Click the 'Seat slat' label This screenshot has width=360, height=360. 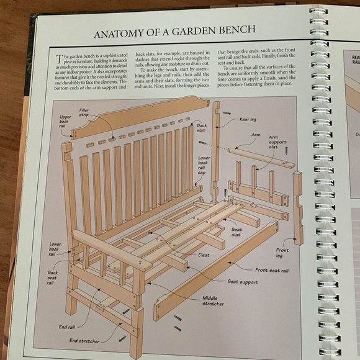point(237,232)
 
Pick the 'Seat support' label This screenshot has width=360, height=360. point(241,282)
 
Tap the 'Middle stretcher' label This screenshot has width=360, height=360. point(212,300)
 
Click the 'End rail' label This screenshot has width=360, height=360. point(67,326)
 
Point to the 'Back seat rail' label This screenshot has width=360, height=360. point(53,277)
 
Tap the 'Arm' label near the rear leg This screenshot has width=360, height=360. point(256,134)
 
